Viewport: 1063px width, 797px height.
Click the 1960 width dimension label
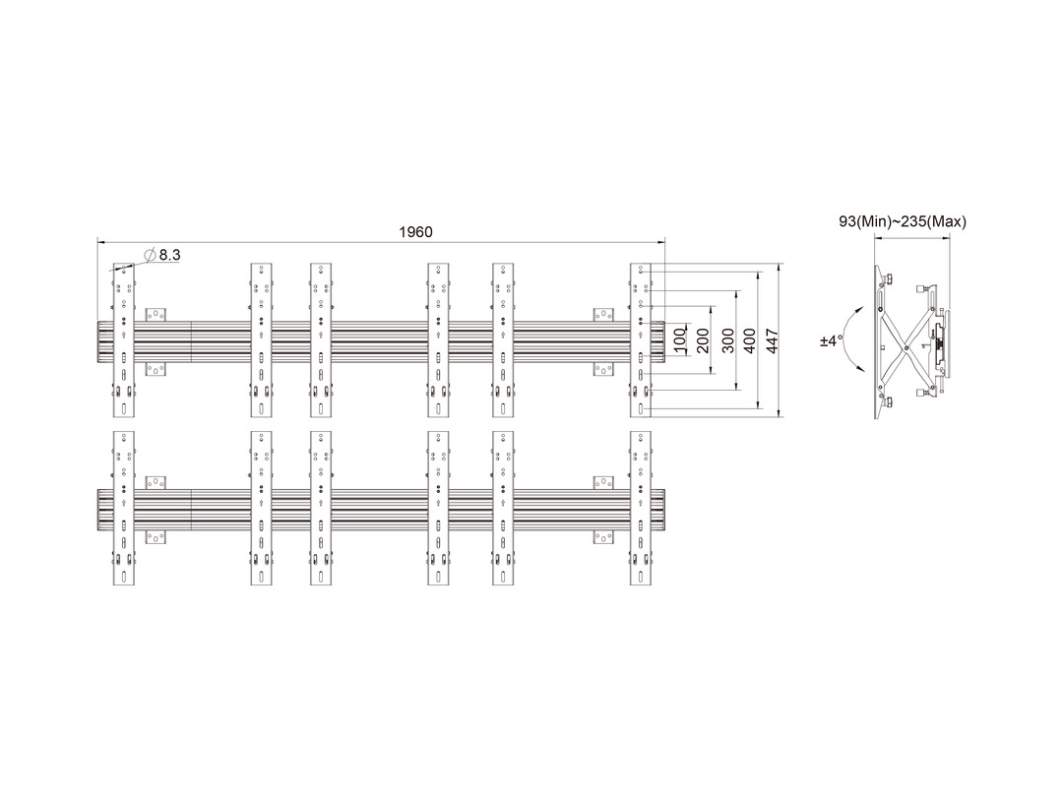point(415,232)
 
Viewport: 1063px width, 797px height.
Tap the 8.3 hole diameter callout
point(170,255)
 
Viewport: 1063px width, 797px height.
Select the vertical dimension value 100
point(679,339)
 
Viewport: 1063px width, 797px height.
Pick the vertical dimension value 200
point(703,340)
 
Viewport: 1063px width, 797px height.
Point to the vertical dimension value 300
point(727,340)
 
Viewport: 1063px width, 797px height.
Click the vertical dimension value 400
point(749,340)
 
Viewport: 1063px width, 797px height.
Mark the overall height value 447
point(772,340)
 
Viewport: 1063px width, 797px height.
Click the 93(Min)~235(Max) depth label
point(903,221)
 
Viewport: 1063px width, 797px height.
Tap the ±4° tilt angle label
point(830,340)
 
